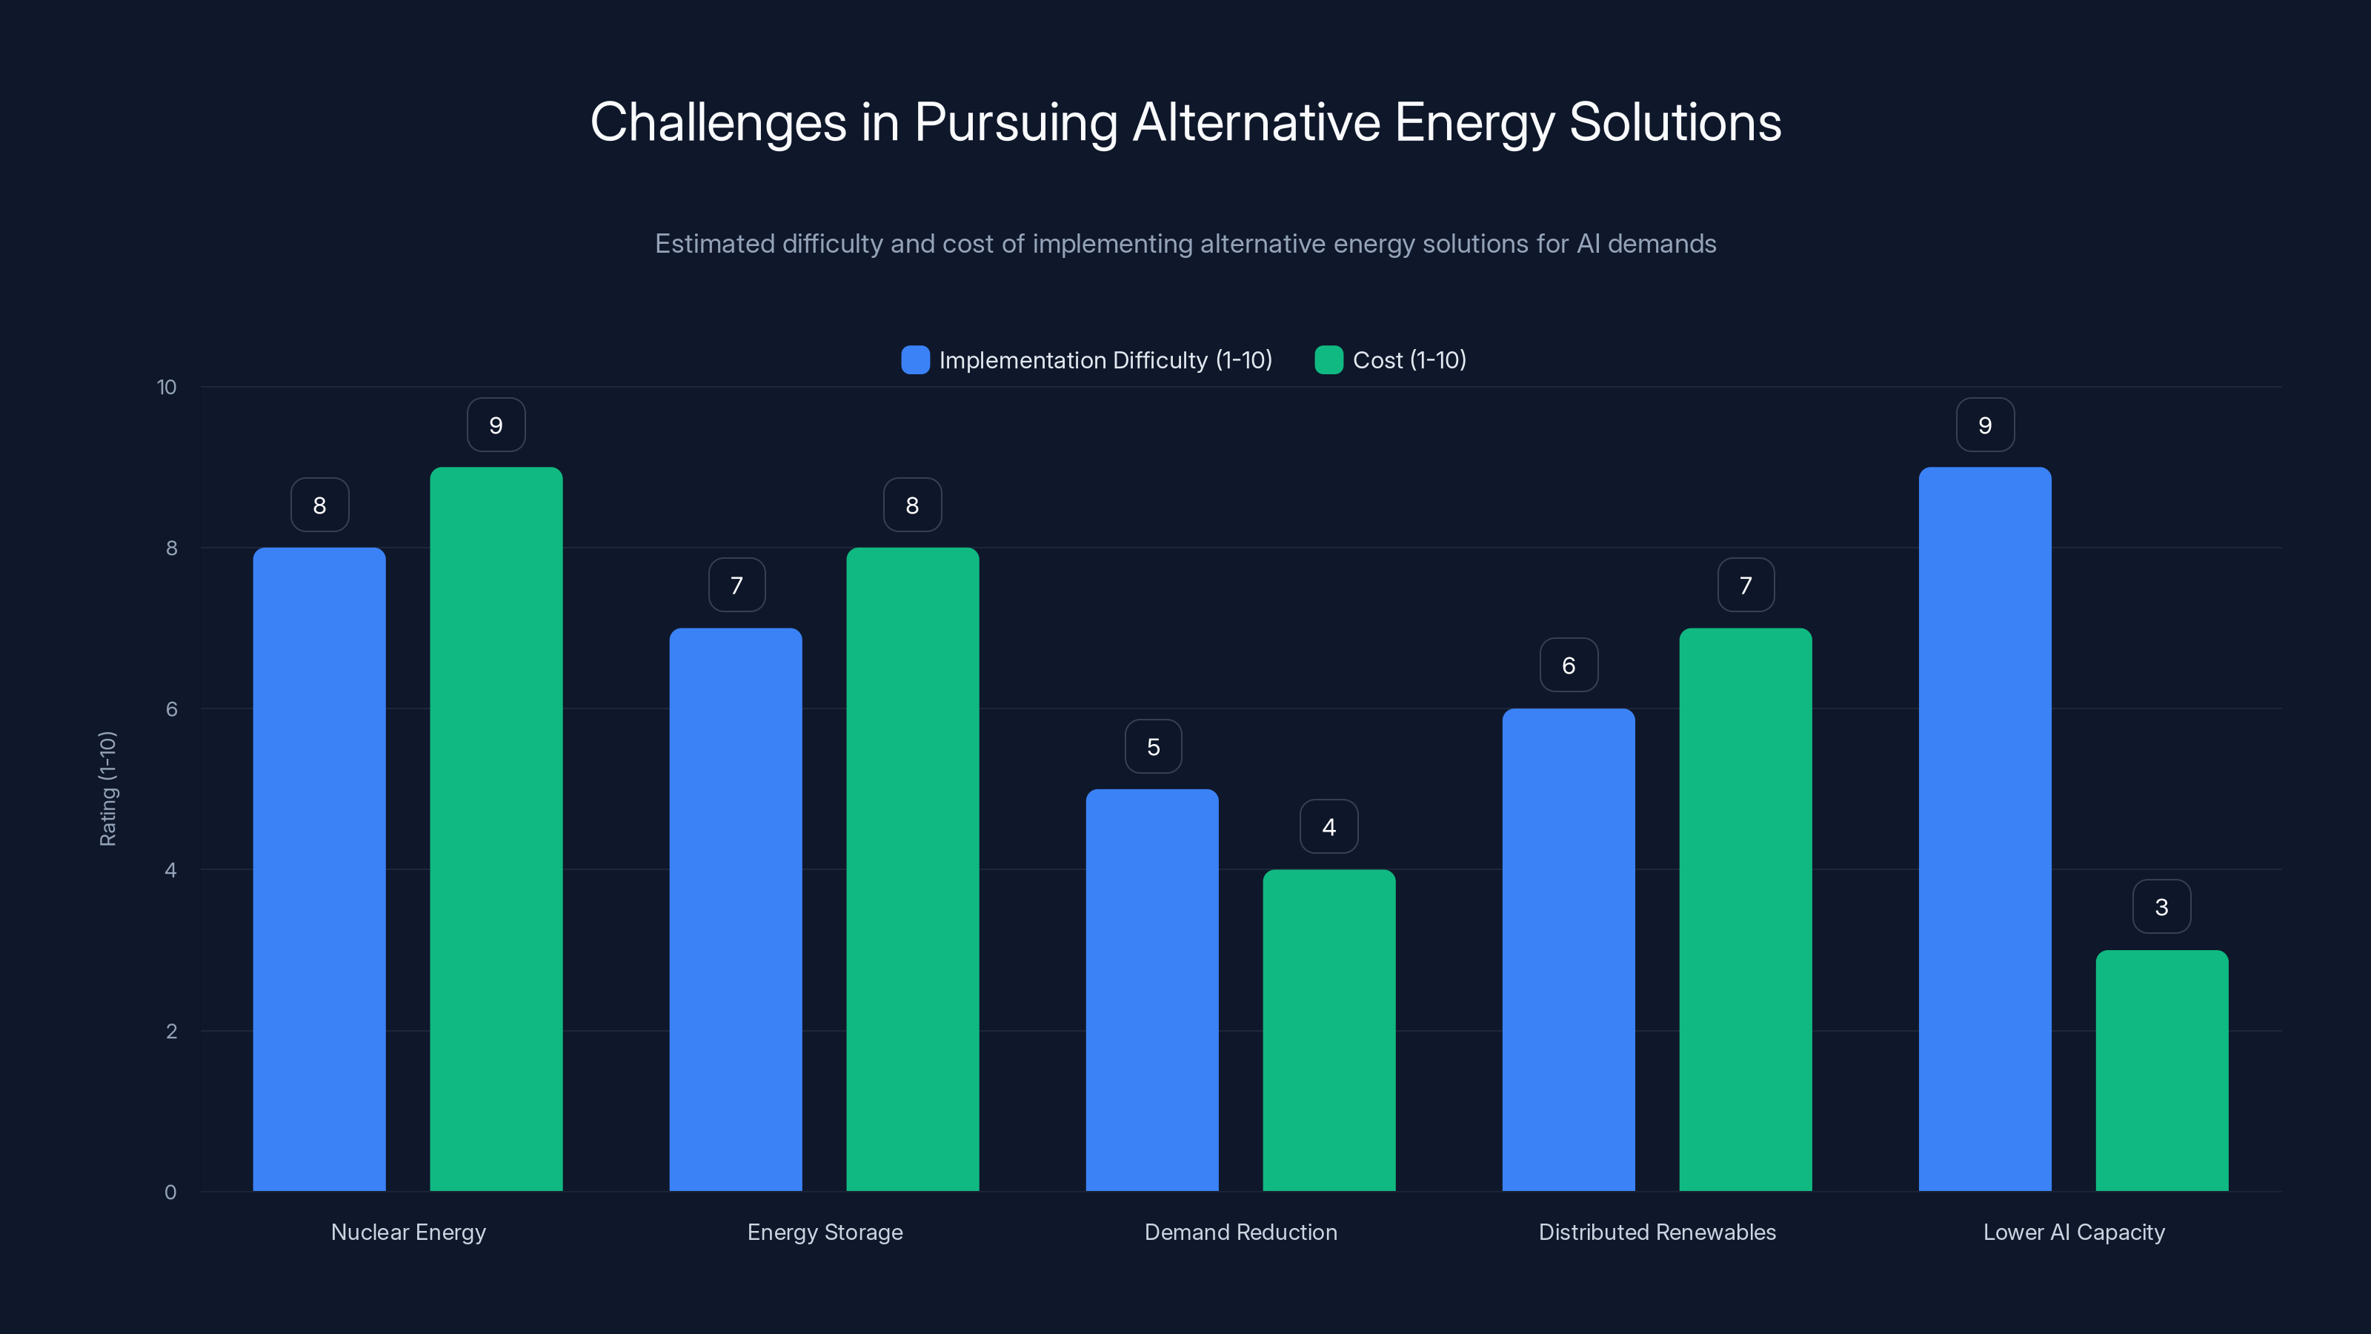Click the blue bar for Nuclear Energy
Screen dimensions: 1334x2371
[x=319, y=869]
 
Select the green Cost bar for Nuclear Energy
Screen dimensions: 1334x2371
[x=496, y=829]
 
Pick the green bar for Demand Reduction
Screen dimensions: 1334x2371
[x=1329, y=1030]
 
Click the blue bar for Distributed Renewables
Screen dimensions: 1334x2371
[x=1569, y=949]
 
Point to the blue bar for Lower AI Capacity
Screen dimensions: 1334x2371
[x=1984, y=829]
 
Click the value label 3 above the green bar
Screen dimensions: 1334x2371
[x=2161, y=907]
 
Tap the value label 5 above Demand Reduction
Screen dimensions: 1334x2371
[x=1152, y=746]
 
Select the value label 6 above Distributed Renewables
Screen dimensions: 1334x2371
[x=1569, y=665]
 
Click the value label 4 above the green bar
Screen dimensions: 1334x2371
[x=1329, y=827]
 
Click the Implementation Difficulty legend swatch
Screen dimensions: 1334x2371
[x=915, y=360]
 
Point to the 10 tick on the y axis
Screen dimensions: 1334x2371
[x=167, y=387]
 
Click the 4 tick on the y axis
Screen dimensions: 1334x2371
[x=170, y=870]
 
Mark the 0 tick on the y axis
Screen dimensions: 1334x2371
[x=170, y=1192]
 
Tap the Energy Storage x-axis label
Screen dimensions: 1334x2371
[x=825, y=1232]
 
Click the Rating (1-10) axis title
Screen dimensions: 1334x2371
[x=107, y=789]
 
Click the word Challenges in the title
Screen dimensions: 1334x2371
[x=718, y=122]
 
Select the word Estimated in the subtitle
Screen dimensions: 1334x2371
[x=714, y=244]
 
